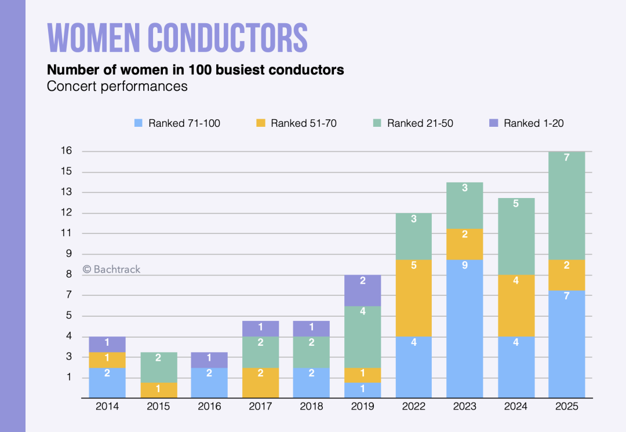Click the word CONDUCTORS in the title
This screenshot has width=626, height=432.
pos(227,38)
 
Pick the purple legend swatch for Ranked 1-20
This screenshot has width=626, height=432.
pos(494,123)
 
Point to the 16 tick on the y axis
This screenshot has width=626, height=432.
pos(66,151)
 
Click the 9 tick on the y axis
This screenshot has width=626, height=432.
pos(68,254)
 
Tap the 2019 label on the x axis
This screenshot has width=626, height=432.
pos(362,407)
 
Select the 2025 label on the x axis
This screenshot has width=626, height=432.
pos(566,407)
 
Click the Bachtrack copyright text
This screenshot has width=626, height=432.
pos(111,269)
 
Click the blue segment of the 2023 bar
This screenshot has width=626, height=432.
pos(464,328)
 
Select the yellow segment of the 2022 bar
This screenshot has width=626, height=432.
pos(413,298)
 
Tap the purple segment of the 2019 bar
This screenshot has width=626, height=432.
pos(362,291)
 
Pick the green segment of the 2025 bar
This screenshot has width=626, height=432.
pos(566,206)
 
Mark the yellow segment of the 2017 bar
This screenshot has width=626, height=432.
pos(260,382)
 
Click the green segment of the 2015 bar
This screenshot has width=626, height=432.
pos(158,367)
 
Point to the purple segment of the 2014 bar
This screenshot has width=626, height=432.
pos(107,344)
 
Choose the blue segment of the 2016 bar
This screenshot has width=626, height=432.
pos(209,382)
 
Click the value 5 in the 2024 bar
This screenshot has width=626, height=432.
pos(515,203)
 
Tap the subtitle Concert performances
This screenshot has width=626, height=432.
pos(117,86)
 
